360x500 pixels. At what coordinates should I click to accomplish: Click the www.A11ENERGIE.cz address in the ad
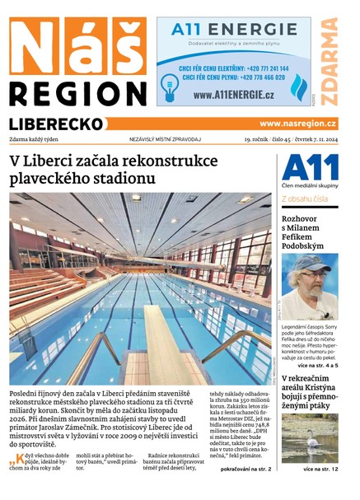[x=234, y=95]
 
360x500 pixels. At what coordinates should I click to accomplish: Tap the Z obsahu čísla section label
[x=306, y=199]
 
